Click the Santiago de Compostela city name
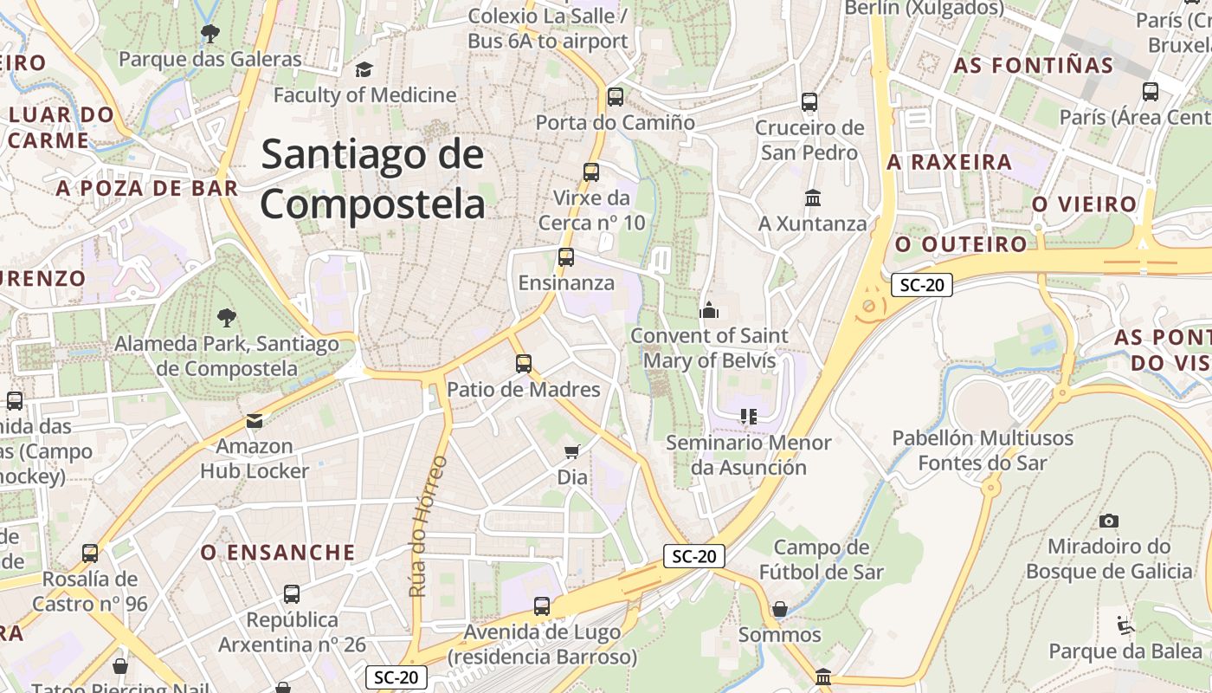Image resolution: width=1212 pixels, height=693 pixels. [x=372, y=179]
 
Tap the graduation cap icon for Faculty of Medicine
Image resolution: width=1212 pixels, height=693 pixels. [x=364, y=69]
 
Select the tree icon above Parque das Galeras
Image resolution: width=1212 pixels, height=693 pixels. [x=210, y=34]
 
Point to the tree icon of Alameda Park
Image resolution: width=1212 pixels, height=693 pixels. [x=227, y=318]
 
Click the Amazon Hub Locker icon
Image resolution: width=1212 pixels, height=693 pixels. [x=255, y=421]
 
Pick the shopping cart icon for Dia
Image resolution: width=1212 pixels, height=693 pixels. [x=571, y=451]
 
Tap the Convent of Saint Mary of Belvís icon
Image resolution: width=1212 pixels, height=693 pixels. [x=709, y=310]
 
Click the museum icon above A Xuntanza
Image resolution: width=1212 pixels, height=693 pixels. [x=812, y=198]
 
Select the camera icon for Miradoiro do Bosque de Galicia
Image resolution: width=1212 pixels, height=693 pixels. [x=1108, y=521]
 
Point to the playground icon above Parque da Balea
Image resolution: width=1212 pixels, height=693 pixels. [x=1125, y=625]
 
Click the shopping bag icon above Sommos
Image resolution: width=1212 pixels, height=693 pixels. [x=779, y=609]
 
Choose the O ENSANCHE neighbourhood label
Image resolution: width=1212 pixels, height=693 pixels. [x=278, y=553]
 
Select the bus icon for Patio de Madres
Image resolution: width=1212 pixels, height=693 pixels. [x=523, y=364]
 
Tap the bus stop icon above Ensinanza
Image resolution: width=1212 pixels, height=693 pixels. [x=565, y=257]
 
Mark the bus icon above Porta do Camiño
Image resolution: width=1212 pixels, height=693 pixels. [x=616, y=97]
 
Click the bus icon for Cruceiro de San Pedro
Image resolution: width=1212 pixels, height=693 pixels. [x=809, y=102]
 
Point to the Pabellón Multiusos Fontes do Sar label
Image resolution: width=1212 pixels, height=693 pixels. [x=983, y=450]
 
